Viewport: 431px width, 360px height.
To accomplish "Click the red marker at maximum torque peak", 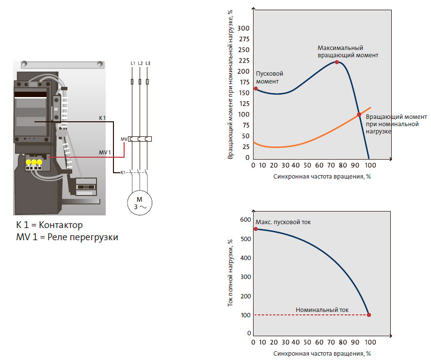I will (337, 62).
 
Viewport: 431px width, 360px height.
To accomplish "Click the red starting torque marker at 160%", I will (255, 88).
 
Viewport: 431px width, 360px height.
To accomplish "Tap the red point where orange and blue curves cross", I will (359, 115).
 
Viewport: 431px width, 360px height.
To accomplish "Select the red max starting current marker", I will (255, 229).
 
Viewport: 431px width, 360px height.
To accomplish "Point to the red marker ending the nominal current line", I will (369, 315).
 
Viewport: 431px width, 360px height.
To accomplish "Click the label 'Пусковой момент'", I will (269, 77).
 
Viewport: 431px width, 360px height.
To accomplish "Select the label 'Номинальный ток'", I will (322, 310).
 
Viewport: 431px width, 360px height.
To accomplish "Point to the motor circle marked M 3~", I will (140, 203).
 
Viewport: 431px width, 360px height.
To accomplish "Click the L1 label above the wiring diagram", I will (133, 64).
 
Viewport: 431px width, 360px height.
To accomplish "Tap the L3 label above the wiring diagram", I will (148, 64).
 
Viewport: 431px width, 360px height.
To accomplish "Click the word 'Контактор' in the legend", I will (61, 225).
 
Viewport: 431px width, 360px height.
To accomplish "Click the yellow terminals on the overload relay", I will (34, 162).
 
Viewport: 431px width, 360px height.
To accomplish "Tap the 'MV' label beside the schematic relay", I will (124, 139).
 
